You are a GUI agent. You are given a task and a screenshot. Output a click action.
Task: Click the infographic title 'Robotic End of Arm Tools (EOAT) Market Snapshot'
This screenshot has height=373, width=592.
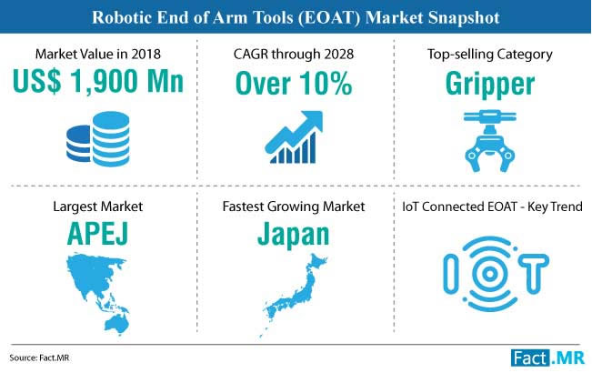point(296,17)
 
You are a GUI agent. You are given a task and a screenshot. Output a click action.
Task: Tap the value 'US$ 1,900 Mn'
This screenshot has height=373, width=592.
point(98,81)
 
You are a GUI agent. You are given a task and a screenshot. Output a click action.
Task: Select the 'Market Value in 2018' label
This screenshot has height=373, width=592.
point(98,54)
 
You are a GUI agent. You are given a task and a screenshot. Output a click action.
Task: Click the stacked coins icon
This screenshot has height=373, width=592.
point(98,139)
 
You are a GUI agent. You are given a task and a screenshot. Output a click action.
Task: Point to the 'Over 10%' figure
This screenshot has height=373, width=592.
point(294,84)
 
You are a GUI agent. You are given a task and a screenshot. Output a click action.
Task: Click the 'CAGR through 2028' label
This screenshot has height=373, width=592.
point(294,54)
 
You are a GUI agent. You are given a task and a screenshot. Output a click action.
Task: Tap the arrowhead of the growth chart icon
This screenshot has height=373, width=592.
point(314,119)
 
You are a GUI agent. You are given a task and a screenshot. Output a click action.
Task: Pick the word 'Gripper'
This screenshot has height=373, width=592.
point(490,85)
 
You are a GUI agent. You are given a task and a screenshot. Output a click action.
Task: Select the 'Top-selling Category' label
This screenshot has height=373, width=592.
point(490,55)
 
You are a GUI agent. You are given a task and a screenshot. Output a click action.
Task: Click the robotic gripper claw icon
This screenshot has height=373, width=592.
point(490,140)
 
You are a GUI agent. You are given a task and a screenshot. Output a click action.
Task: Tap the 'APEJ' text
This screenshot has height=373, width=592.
point(98,234)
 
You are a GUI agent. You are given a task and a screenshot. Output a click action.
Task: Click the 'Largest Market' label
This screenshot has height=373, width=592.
point(98,207)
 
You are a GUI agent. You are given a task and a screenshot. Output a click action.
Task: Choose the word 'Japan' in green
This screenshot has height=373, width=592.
point(294,236)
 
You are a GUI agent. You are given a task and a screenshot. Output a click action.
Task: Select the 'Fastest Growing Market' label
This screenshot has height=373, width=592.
point(294,207)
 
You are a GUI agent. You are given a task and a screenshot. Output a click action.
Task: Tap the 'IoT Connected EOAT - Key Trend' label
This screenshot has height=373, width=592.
point(492,207)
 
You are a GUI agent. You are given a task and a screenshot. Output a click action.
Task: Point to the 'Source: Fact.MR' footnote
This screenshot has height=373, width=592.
point(39,358)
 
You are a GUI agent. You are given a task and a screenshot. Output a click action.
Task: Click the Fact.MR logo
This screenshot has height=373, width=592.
point(547,358)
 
